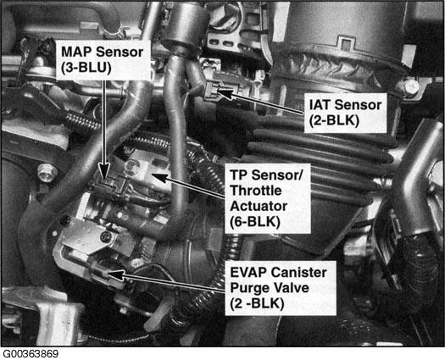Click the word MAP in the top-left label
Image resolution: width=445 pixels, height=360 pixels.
[x=76, y=52]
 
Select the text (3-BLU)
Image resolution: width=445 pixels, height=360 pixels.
[x=86, y=68]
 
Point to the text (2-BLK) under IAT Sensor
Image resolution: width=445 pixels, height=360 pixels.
[x=334, y=120]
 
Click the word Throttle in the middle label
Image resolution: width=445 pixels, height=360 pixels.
[x=256, y=191]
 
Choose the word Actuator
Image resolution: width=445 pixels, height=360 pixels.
[x=259, y=206]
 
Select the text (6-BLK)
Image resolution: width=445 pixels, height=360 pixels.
[x=255, y=222]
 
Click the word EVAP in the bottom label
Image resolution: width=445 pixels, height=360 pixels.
[x=248, y=273]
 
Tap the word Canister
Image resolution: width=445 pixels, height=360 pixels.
[x=298, y=273]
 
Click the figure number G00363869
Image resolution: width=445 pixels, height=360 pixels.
[x=31, y=354]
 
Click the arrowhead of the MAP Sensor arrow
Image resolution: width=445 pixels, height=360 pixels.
[x=105, y=171]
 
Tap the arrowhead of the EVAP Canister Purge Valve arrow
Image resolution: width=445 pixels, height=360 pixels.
[x=116, y=274]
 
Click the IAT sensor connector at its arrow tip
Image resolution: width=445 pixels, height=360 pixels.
[x=211, y=91]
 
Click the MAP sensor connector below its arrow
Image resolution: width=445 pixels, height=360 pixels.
[x=109, y=186]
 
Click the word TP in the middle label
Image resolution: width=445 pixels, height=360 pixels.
[x=238, y=175]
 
